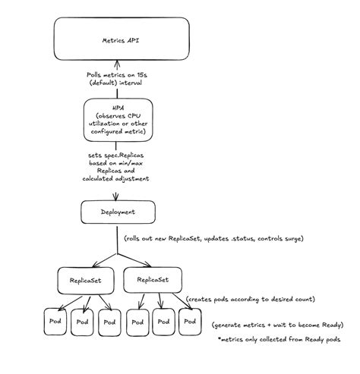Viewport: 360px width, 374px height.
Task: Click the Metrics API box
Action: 119,39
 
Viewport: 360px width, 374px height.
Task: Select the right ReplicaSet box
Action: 153,280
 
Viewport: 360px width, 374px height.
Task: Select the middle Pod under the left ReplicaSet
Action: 82,324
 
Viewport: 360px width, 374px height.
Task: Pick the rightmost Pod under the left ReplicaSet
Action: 109,324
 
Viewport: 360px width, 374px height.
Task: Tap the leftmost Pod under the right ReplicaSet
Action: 138,324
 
